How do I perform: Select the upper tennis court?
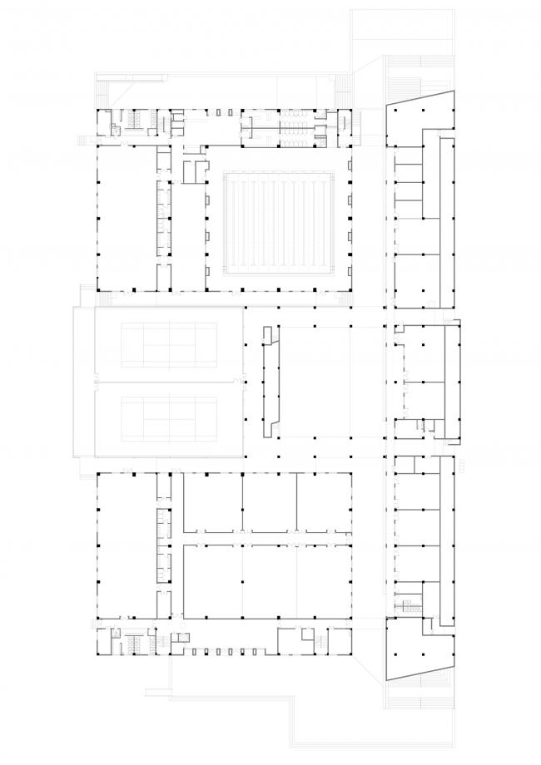coord(170,344)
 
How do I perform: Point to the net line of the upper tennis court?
coord(170,344)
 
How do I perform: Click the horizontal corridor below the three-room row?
coord(266,535)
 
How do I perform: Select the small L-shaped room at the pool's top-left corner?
coord(194,170)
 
